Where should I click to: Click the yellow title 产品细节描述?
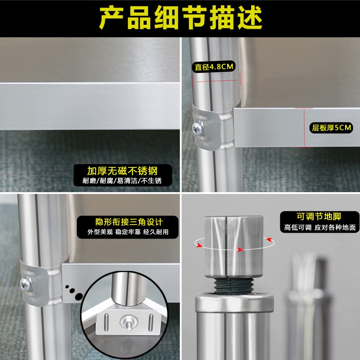point(180,18)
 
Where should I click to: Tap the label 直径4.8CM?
point(214,67)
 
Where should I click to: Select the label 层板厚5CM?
point(331,128)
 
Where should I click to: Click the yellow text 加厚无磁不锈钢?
point(122,171)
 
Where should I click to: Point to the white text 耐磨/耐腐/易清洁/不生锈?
point(122,181)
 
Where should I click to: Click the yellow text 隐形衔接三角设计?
point(129,222)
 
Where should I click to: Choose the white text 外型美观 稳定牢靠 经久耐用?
point(128,232)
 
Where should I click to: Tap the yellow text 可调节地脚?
point(319,216)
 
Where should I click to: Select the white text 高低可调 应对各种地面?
point(320,227)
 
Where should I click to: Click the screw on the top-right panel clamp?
point(198,128)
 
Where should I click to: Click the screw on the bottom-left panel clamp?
point(26,284)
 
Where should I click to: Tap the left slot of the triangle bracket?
point(106,322)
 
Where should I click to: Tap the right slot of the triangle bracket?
point(151,322)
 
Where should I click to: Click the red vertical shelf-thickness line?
point(304,128)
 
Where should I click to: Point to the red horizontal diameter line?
point(217,81)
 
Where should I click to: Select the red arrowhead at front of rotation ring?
point(240,250)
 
